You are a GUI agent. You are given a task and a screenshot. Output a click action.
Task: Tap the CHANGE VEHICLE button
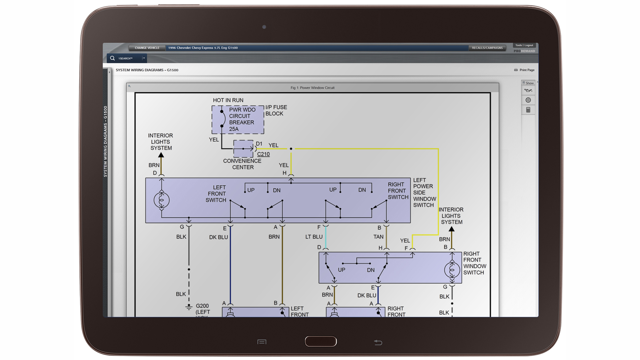(147, 48)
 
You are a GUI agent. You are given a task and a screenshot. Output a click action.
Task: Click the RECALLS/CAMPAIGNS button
(487, 48)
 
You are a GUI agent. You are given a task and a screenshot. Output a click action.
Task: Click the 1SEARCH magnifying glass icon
(112, 58)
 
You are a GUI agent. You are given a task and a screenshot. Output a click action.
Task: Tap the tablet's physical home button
(321, 341)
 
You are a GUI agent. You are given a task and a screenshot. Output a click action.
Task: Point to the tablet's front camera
(264, 27)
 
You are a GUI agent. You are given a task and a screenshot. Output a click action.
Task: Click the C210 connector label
(263, 154)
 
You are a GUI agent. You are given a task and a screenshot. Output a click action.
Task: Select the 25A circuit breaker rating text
(234, 129)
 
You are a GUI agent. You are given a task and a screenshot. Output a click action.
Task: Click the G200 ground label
(202, 306)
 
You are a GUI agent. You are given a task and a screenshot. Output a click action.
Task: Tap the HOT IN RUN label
(228, 100)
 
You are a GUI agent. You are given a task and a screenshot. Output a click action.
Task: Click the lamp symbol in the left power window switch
(162, 200)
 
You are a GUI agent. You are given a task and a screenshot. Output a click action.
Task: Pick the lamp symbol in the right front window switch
(452, 270)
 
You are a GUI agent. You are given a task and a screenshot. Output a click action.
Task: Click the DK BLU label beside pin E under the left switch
(219, 237)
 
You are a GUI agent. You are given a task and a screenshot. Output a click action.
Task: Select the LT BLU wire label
(314, 237)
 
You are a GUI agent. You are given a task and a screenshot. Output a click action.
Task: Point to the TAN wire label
(378, 237)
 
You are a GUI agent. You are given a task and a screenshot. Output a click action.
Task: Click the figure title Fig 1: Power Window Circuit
(312, 88)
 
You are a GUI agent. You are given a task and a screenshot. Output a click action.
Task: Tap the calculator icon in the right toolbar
(528, 110)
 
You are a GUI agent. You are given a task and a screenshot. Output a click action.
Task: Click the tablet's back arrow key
(378, 342)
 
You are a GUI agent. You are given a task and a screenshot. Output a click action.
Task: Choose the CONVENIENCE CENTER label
(242, 164)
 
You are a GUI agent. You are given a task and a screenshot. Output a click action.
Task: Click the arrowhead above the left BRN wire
(161, 155)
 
